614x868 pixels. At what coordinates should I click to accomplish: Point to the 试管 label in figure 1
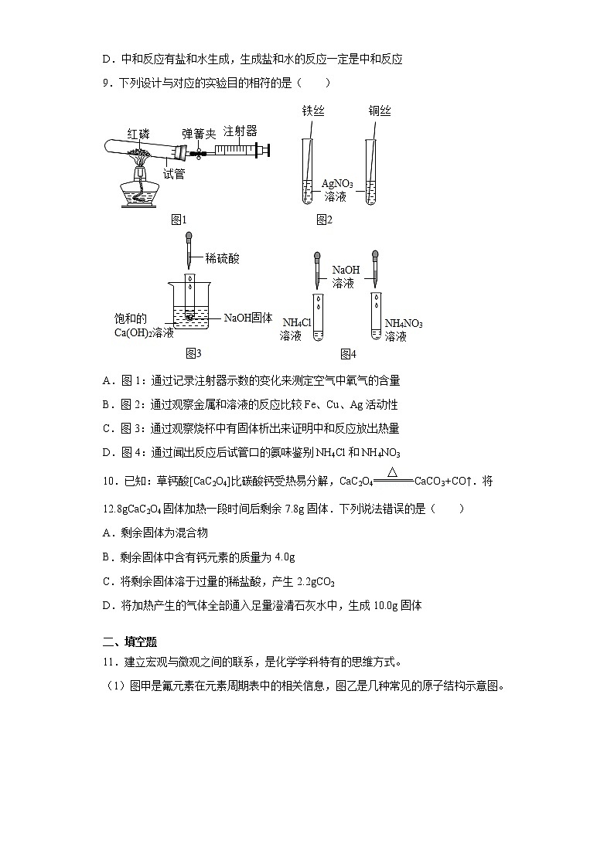coord(174,174)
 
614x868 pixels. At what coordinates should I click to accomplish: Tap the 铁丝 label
coord(312,111)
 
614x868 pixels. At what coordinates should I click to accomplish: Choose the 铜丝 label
coord(380,111)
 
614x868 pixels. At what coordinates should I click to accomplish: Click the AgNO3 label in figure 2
coord(337,184)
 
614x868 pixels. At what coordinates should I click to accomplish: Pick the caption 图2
coord(324,220)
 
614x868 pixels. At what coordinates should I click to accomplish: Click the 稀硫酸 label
coord(223,258)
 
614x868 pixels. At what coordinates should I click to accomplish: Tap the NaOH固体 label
coord(248,318)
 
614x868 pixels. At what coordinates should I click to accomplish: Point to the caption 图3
coord(193,353)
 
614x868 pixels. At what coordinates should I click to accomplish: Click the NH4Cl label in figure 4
coord(296,323)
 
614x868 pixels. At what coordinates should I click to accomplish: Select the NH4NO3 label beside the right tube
coord(404,323)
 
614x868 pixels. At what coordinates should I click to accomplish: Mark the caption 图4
coord(348,354)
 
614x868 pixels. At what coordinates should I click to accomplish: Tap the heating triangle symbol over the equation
coord(393,472)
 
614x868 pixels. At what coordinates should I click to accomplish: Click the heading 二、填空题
coord(130,642)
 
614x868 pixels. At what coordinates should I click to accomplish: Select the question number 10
coord(109,481)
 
